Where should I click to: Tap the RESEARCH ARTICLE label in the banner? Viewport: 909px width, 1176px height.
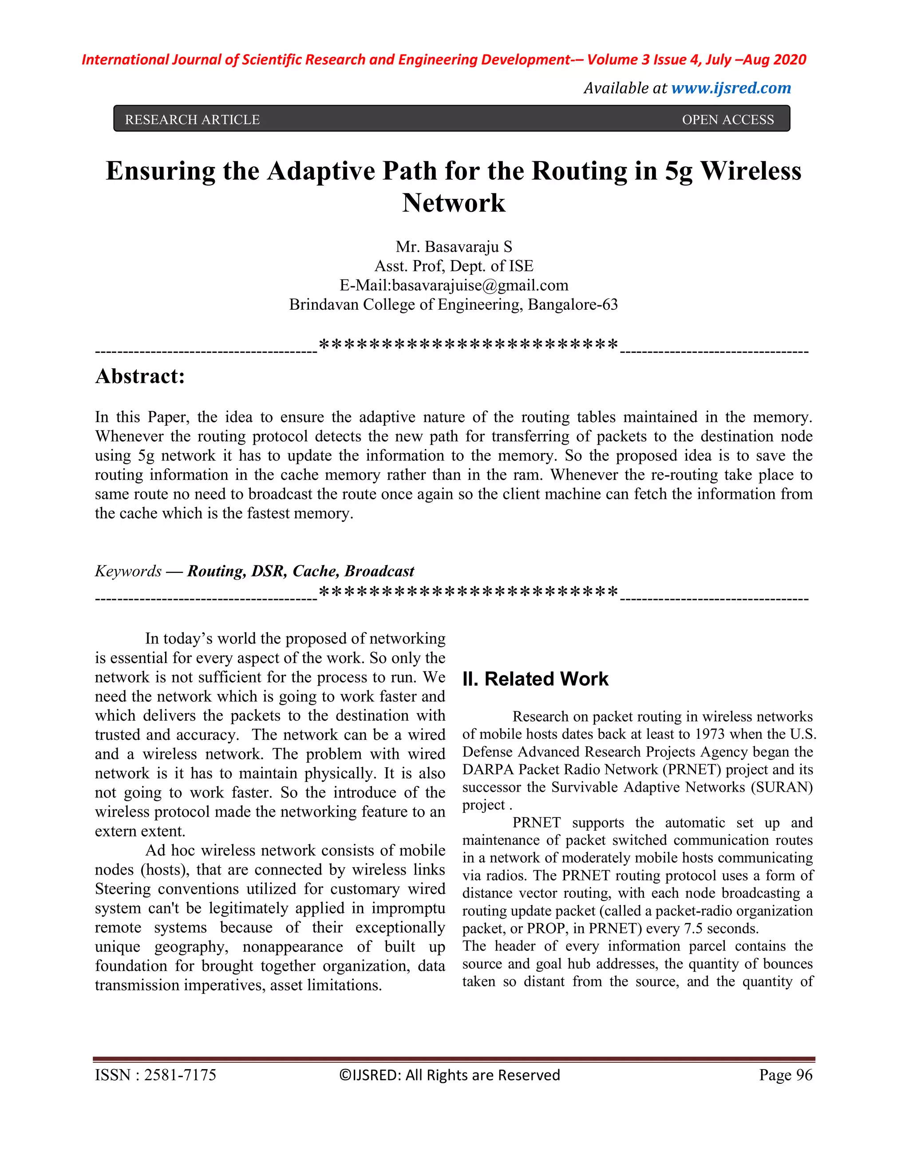coord(192,119)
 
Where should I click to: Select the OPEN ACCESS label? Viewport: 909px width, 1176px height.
coord(727,119)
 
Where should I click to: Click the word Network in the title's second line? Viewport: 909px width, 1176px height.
coord(454,203)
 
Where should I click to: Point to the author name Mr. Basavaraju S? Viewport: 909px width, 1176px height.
coord(454,247)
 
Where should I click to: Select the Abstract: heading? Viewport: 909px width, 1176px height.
coord(139,376)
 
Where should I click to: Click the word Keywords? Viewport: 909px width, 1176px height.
coord(128,571)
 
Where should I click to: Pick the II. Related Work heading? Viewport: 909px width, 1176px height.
coord(535,679)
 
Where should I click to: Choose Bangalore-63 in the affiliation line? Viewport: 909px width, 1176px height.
coord(573,305)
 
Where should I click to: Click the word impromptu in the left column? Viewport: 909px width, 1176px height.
coord(407,908)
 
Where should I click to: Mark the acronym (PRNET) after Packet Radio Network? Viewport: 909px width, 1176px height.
coord(694,770)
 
